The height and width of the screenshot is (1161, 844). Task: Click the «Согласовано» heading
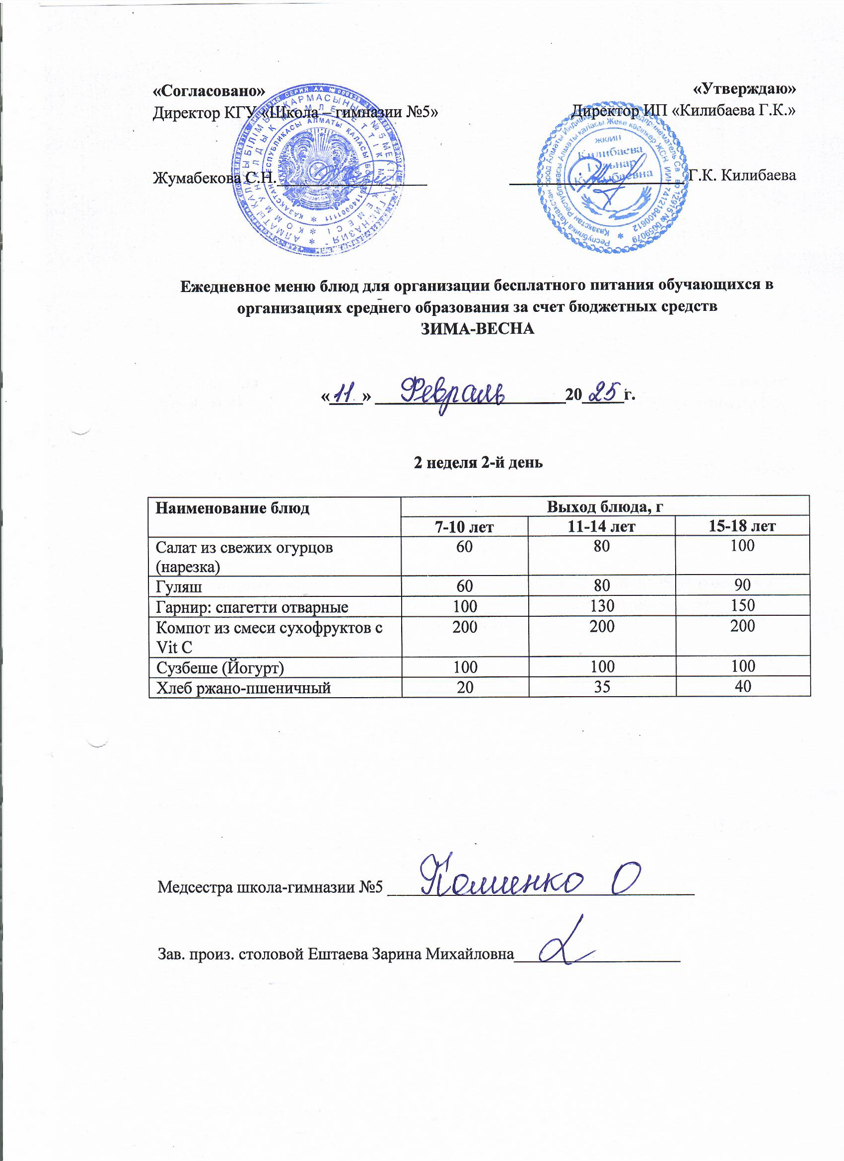click(210, 91)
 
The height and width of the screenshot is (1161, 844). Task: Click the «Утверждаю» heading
click(744, 89)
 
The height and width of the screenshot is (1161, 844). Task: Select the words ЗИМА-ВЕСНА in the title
click(478, 329)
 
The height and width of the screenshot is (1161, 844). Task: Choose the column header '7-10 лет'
click(464, 526)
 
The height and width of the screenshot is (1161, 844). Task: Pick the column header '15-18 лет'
click(742, 526)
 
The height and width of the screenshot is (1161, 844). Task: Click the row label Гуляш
click(179, 586)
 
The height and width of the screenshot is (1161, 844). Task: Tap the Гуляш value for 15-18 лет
click(742, 584)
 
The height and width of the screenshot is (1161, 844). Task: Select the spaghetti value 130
click(602, 606)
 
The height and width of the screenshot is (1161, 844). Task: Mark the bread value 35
click(602, 686)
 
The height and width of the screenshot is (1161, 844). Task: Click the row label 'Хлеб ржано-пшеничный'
click(243, 687)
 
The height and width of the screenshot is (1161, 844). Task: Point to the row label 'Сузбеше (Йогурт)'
click(219, 667)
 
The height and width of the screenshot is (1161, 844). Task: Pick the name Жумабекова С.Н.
click(214, 178)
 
